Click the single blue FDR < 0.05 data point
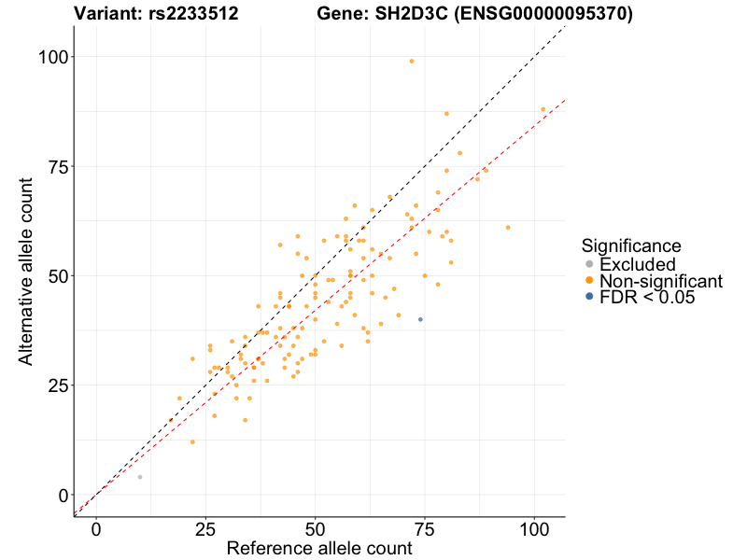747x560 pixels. click(x=420, y=319)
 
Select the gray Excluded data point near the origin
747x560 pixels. click(x=140, y=477)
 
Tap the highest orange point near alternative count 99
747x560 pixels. click(x=411, y=61)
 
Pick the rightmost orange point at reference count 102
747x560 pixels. click(x=543, y=109)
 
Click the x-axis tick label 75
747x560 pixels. click(x=425, y=528)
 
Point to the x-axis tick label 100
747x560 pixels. click(x=534, y=528)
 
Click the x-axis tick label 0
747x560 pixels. click(x=96, y=528)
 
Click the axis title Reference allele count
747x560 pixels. click(x=319, y=549)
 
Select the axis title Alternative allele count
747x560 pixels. click(x=25, y=275)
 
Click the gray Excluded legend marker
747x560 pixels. click(x=589, y=264)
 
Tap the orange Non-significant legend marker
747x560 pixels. click(x=589, y=281)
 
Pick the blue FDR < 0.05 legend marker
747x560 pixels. click(x=589, y=297)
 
